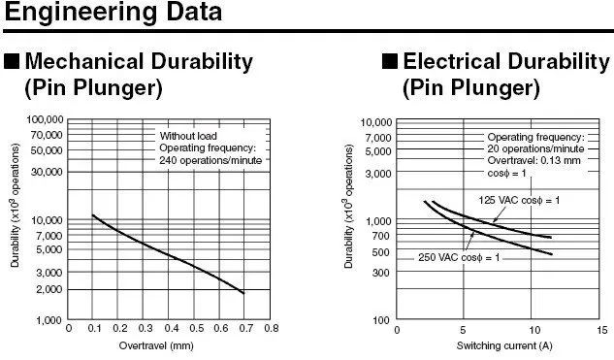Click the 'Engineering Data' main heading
[113, 13]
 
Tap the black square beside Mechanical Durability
[12, 61]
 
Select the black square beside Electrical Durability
[390, 61]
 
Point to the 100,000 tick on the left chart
[45, 119]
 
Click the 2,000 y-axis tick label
[49, 289]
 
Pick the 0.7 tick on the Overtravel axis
[246, 328]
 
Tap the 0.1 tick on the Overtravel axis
[94, 328]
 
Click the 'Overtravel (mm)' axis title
[156, 345]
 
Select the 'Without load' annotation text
[188, 136]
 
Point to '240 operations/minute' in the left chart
[210, 160]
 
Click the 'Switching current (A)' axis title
[504, 345]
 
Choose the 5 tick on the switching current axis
[463, 330]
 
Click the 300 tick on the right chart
[380, 272]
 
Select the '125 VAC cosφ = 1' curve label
[519, 200]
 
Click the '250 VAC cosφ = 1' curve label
[459, 257]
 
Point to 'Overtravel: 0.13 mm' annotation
[534, 160]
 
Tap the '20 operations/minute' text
[535, 148]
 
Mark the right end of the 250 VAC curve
[552, 254]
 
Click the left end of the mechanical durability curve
[93, 215]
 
